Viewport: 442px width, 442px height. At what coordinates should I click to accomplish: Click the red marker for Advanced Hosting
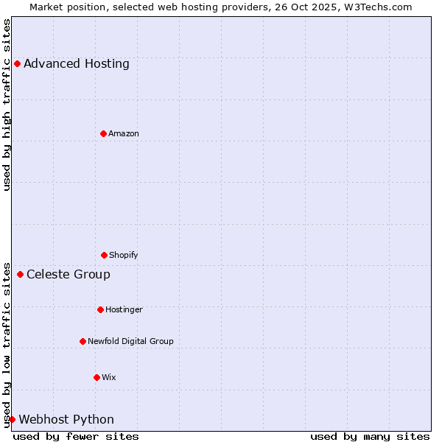[17, 63]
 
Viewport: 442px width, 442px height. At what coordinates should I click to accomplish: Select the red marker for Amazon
[103, 133]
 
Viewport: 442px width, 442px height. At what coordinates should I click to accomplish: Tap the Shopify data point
[104, 255]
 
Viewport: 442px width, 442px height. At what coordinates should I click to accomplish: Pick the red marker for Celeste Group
[20, 275]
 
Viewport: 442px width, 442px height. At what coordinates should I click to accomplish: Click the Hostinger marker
[100, 309]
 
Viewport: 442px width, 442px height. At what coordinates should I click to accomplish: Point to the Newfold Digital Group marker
[83, 341]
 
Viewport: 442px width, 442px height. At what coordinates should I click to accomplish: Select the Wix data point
[97, 377]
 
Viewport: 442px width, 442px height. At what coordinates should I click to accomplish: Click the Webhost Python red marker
[12, 419]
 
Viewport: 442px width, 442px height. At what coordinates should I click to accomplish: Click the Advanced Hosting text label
[77, 63]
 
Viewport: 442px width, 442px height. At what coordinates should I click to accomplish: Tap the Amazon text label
[124, 133]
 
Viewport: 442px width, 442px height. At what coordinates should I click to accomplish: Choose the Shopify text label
[124, 255]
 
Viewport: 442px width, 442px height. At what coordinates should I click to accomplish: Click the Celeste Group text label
[69, 275]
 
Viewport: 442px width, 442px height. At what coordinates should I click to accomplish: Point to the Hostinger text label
[124, 309]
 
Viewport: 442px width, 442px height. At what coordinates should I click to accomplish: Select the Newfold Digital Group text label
[130, 341]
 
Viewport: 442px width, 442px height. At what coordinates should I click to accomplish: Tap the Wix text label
[109, 377]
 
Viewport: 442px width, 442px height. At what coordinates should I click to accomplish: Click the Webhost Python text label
[66, 420]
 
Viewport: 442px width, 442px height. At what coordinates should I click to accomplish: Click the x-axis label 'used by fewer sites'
[76, 436]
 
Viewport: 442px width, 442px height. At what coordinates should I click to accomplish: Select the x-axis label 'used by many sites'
[370, 436]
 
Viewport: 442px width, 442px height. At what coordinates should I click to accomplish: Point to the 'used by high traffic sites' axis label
[7, 105]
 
